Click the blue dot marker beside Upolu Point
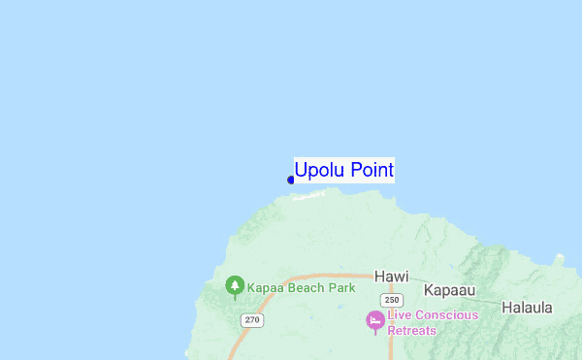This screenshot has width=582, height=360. click(290, 180)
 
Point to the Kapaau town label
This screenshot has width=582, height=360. click(450, 289)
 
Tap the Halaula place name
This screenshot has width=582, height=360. click(527, 308)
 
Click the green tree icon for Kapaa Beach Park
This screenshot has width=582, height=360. click(234, 285)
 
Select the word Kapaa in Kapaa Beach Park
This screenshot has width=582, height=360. click(265, 288)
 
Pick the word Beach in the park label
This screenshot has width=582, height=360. click(307, 288)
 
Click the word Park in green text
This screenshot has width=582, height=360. click(342, 288)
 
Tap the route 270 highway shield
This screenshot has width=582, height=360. click(252, 320)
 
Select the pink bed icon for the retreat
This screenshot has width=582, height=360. click(374, 319)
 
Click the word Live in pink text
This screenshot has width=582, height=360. click(400, 315)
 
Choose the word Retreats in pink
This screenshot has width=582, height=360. click(412, 330)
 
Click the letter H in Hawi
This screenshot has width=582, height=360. click(379, 275)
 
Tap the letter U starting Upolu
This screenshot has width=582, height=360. click(302, 171)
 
